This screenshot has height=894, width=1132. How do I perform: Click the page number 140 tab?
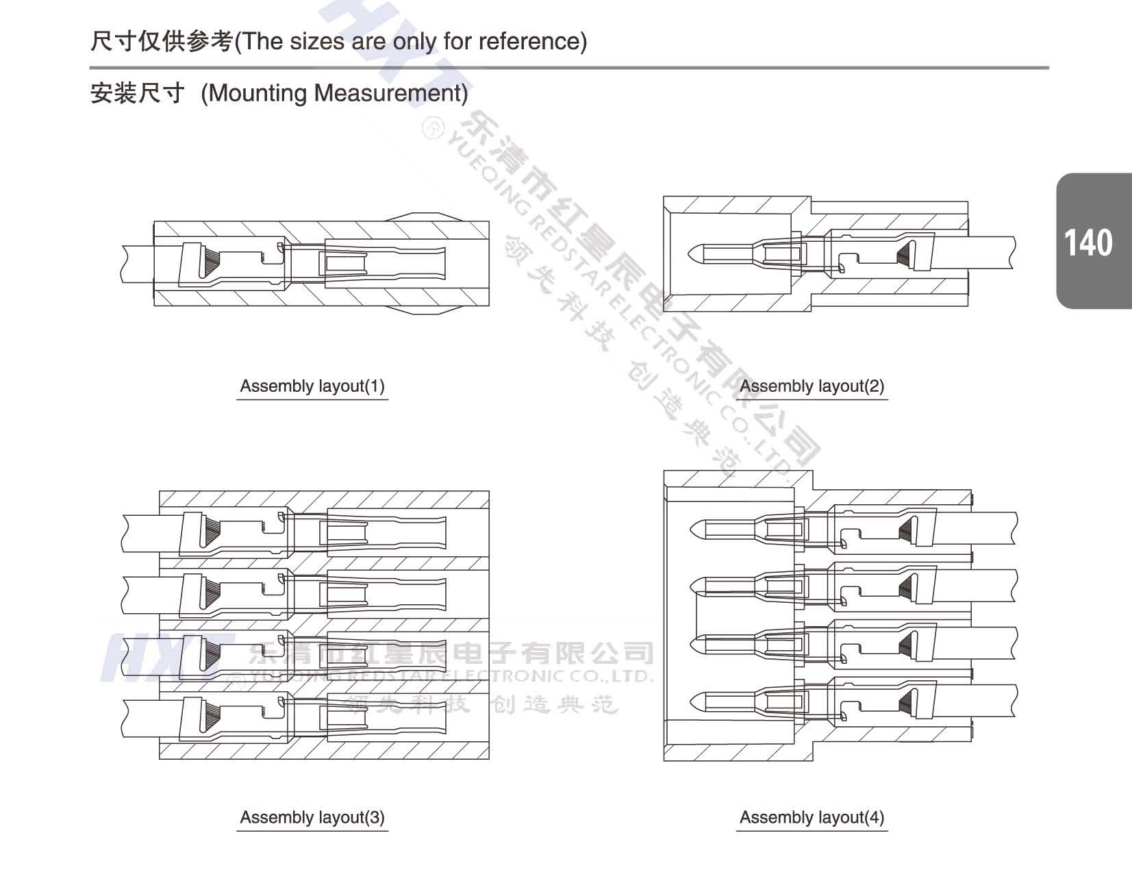[1092, 242]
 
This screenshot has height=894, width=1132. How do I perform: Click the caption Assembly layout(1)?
[312, 386]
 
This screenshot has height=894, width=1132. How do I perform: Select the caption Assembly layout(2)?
[812, 386]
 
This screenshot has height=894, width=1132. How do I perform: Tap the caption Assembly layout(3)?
[312, 817]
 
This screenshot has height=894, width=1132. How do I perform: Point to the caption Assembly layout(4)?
[812, 817]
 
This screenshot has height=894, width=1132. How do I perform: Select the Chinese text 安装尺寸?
[138, 93]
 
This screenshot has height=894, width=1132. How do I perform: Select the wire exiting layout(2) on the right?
[986, 253]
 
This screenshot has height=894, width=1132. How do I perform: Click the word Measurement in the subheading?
[391, 93]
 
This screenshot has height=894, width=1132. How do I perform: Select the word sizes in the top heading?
[317, 42]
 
